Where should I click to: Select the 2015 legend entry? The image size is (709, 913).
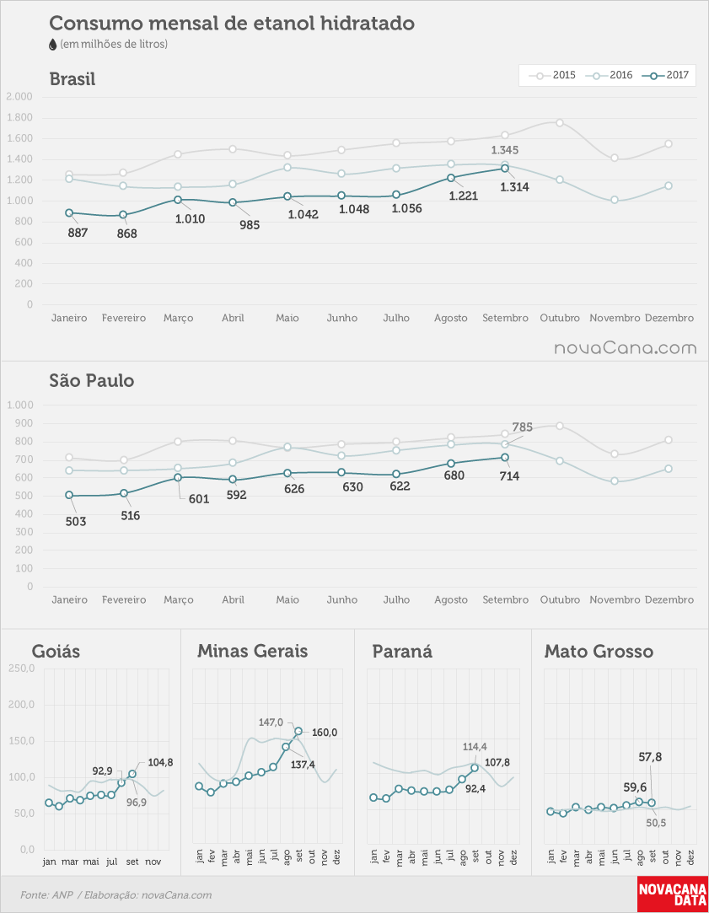tap(552, 75)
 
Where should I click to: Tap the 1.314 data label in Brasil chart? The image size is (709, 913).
tap(514, 187)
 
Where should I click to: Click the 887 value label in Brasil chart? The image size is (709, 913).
tap(78, 233)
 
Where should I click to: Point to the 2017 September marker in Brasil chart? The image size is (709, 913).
tap(505, 169)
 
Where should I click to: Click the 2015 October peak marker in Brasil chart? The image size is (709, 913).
tap(560, 123)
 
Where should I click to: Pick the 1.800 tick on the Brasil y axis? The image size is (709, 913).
tap(19, 118)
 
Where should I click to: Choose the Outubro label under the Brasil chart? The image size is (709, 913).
tap(560, 318)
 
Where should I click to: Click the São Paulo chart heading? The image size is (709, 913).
tap(92, 381)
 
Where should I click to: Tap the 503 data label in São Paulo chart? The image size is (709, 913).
tap(76, 521)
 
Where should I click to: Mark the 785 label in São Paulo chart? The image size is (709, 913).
tap(522, 427)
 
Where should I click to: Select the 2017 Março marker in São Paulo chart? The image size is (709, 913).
tap(178, 477)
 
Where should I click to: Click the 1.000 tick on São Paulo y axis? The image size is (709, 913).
tap(19, 405)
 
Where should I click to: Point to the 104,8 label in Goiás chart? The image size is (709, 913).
tap(160, 762)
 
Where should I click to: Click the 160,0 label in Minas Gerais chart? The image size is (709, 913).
tap(325, 733)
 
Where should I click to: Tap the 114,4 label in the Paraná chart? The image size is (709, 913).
tap(475, 746)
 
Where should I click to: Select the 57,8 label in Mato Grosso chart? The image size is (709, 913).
tap(650, 757)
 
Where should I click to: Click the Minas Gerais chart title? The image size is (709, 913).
tap(253, 651)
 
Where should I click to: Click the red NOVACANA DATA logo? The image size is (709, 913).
tap(673, 894)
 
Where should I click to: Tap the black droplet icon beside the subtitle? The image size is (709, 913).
tap(53, 44)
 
